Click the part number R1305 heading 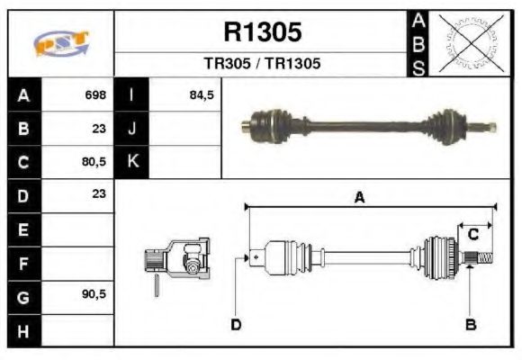262,33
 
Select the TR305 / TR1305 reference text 262,65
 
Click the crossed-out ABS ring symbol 468,41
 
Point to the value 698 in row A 94,94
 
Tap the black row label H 22,331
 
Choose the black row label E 22,229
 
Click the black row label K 132,162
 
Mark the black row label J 132,129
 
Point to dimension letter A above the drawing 359,199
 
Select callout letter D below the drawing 236,324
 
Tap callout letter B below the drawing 470,324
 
